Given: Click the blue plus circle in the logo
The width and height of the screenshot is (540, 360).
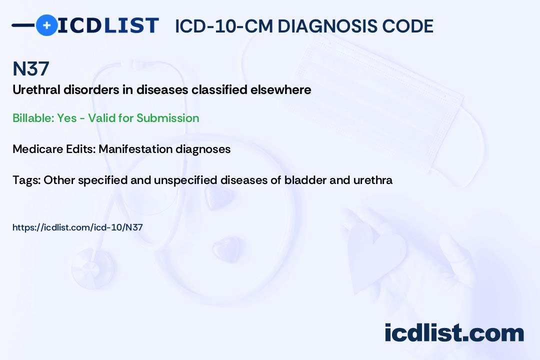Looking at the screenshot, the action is (46, 25).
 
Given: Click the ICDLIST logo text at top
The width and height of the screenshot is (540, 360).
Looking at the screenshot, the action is (108, 25).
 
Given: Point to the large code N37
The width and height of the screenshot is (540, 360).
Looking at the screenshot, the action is (31, 68).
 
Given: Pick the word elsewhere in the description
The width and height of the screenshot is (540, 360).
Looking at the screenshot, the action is (280, 89).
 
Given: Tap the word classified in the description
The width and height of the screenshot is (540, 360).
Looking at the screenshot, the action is (219, 89).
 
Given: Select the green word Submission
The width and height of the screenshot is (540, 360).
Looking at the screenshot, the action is (167, 118).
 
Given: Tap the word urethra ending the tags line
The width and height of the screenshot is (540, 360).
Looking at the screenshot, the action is (373, 180).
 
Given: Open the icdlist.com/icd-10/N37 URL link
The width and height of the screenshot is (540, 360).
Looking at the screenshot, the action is (77, 227).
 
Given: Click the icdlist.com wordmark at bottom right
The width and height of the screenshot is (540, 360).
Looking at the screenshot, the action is (454, 332).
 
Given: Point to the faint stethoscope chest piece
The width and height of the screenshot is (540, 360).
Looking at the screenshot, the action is (93, 268).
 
